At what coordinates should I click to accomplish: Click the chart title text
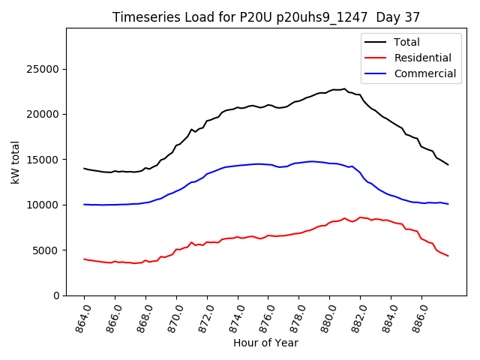coord(266,16)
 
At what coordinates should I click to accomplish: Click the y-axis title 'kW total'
coord(16,162)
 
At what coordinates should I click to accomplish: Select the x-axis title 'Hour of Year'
coord(265,343)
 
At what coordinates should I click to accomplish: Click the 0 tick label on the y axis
coord(57,295)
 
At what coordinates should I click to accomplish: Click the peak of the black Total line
coord(344,88)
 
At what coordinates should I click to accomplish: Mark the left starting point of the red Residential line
coord(84,259)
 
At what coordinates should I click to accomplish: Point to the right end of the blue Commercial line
coord(448,204)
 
